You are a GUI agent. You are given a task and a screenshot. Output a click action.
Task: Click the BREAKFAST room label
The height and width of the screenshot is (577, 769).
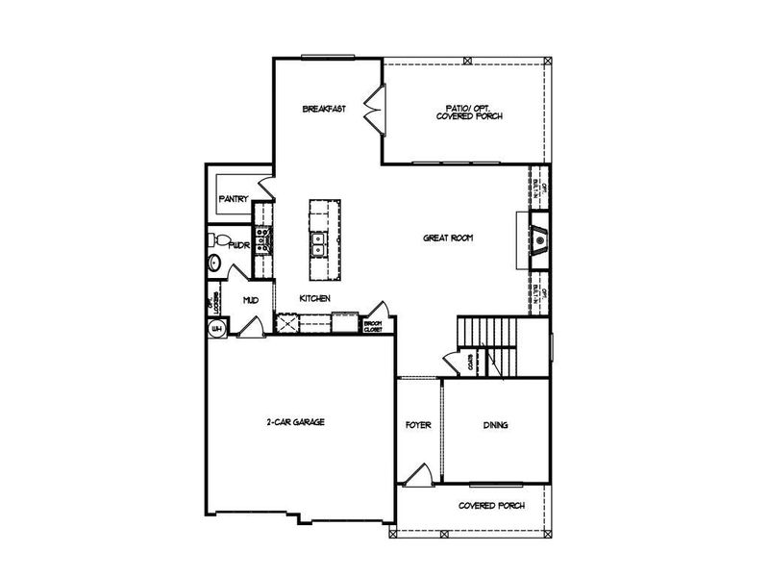(x=324, y=109)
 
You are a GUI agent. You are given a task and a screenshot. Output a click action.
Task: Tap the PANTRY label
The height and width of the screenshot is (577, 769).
(x=234, y=199)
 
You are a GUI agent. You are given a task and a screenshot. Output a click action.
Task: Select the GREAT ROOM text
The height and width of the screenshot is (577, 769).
(x=449, y=238)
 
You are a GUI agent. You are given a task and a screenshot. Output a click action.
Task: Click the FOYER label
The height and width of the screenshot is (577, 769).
(x=418, y=424)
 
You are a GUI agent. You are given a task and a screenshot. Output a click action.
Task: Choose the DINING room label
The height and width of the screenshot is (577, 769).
(x=496, y=424)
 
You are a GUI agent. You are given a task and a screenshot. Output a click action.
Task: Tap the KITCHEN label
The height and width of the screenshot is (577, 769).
(x=315, y=298)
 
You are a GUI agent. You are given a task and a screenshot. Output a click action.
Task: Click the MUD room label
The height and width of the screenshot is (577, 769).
(x=250, y=300)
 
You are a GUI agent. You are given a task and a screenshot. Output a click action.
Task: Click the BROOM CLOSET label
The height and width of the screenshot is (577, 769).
(x=373, y=326)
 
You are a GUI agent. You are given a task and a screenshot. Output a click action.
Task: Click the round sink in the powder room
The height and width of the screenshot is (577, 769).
(x=215, y=262)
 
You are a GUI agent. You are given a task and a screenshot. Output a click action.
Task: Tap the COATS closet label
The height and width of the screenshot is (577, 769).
(x=470, y=364)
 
